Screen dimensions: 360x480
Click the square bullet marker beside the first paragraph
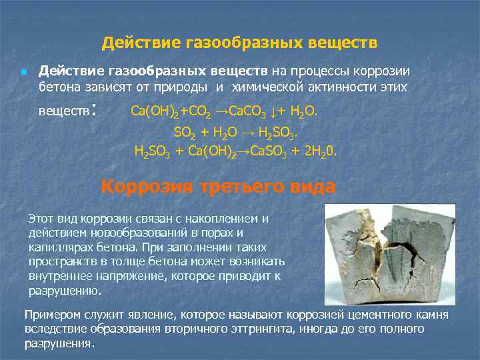click(x=23, y=71)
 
